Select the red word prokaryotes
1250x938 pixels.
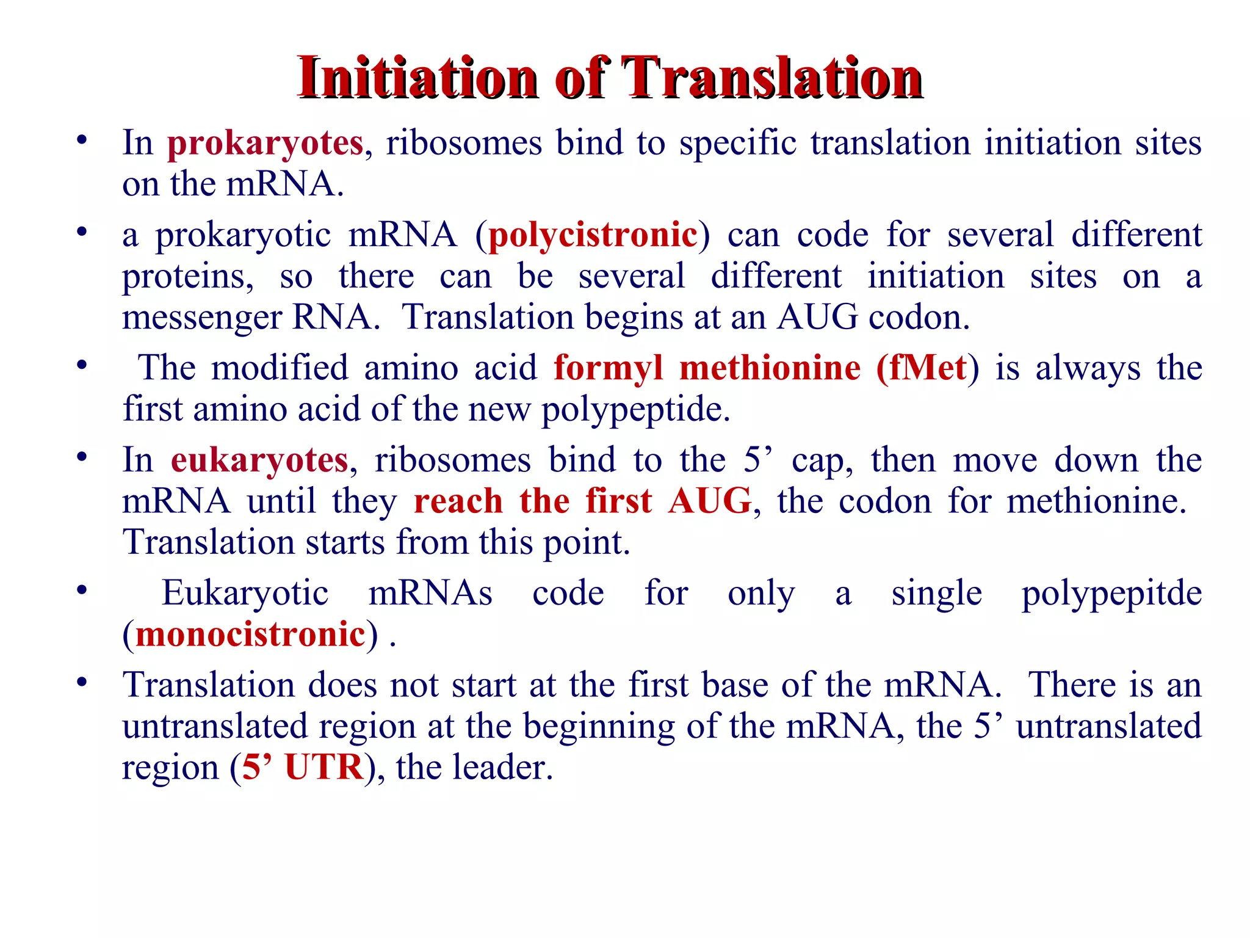265,144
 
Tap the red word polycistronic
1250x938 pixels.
593,235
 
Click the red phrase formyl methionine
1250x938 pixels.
707,368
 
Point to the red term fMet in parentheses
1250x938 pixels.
927,368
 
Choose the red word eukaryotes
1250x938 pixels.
259,460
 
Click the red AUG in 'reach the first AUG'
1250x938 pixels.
709,501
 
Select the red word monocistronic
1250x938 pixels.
250,634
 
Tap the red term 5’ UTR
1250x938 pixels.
303,767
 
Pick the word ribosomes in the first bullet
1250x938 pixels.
464,144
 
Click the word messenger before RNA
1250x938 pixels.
202,318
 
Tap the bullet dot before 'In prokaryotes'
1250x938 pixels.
82,140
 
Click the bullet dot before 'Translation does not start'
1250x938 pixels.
82,682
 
